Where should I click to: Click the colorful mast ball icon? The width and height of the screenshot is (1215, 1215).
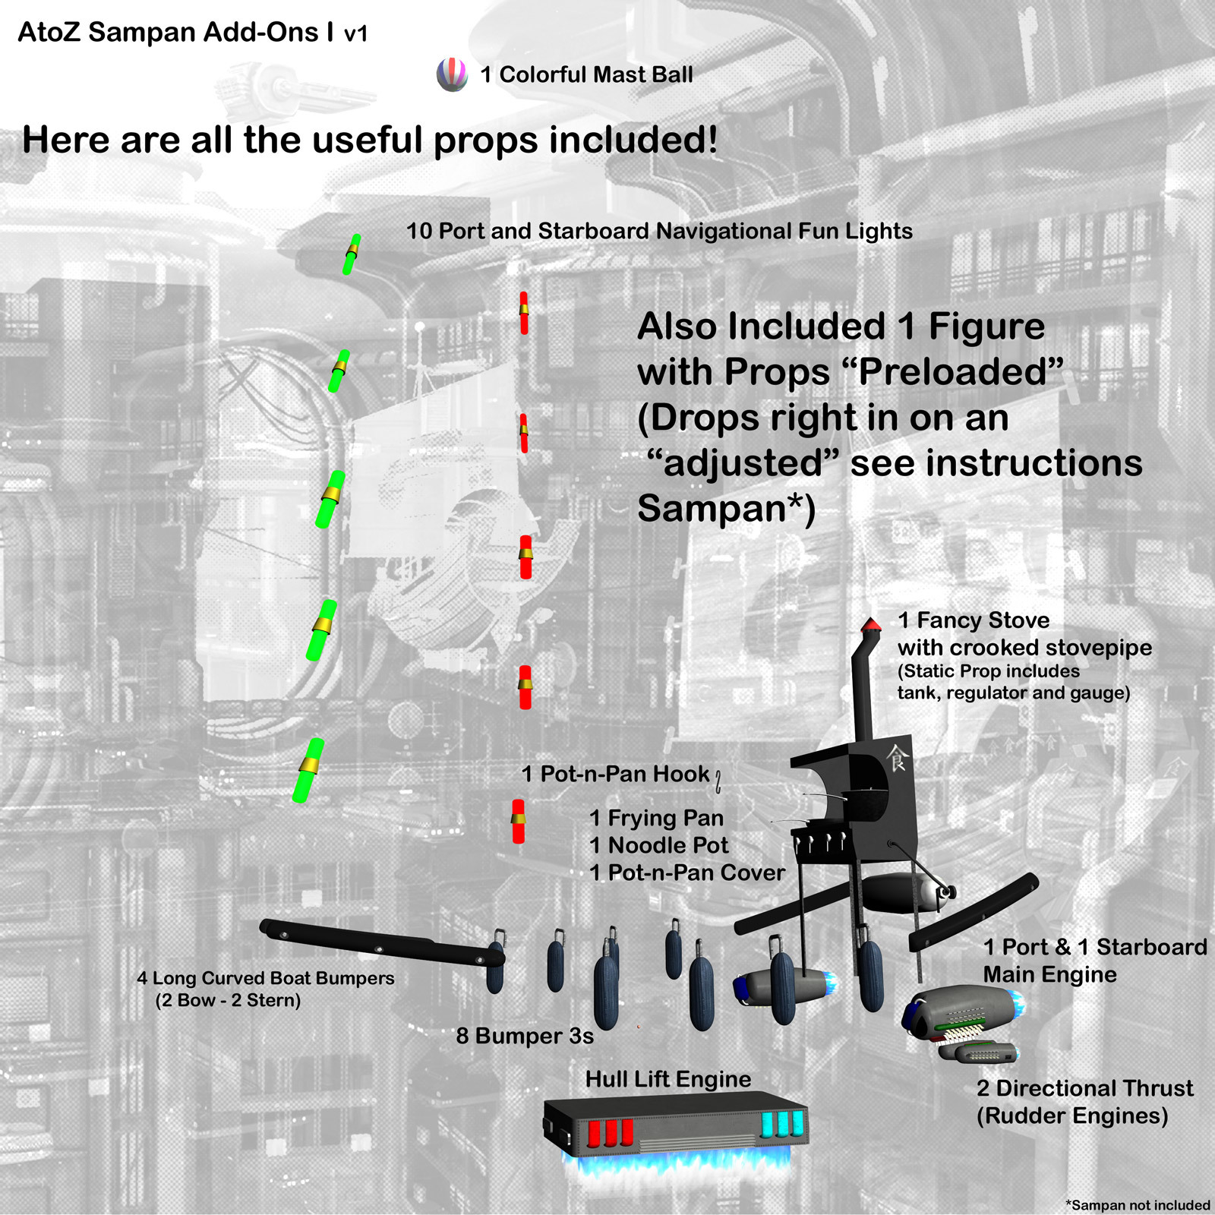pyautogui.click(x=452, y=74)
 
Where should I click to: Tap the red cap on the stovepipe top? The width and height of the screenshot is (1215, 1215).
pyautogui.click(x=871, y=624)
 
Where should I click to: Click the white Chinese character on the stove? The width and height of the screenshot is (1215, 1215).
pyautogui.click(x=897, y=757)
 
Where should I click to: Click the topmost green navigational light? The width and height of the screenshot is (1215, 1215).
pyautogui.click(x=351, y=254)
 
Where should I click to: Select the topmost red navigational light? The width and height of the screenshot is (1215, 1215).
pyautogui.click(x=524, y=313)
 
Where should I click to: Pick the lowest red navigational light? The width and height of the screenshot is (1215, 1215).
pyautogui.click(x=518, y=821)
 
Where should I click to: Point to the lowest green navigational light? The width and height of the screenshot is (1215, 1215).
pyautogui.click(x=308, y=769)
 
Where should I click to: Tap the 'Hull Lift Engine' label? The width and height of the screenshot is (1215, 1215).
pyautogui.click(x=668, y=1079)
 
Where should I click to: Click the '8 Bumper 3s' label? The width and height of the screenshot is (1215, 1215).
pyautogui.click(x=525, y=1036)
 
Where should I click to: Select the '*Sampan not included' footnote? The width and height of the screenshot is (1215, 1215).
pyautogui.click(x=1138, y=1205)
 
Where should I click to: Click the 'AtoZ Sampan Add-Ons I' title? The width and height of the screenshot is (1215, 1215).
pyautogui.click(x=175, y=33)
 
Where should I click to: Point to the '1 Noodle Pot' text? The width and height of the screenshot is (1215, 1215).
pyautogui.click(x=659, y=845)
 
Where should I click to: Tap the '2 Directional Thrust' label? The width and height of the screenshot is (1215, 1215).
pyautogui.click(x=1085, y=1088)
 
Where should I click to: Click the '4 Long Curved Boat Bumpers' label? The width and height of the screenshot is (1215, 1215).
pyautogui.click(x=266, y=978)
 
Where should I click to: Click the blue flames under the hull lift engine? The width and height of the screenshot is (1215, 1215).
pyautogui.click(x=676, y=1163)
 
